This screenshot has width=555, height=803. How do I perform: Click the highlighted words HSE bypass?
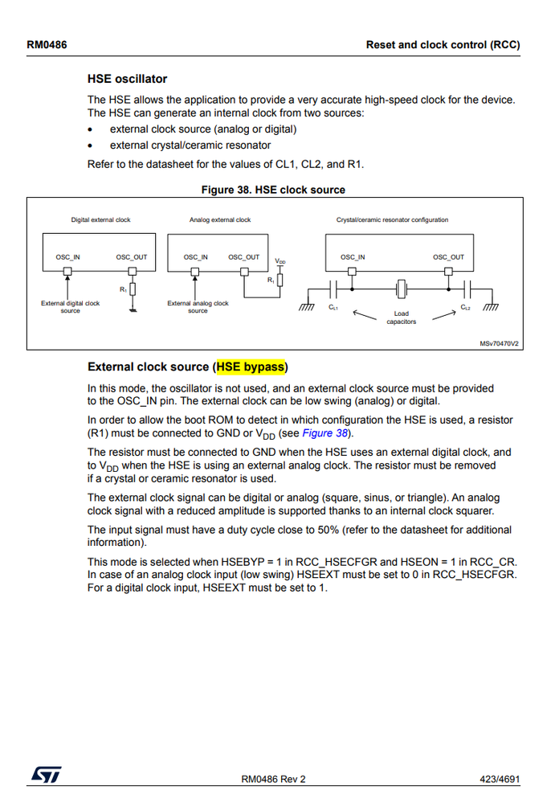251,367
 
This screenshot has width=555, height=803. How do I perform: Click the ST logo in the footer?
46,774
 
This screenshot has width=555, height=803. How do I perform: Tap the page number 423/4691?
497,778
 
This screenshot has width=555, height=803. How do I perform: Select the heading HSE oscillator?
127,79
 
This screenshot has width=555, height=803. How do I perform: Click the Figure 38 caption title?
273,190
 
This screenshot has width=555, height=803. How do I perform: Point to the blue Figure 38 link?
325,433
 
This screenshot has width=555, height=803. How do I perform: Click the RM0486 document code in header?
47,45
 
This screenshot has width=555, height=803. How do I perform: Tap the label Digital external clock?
100,219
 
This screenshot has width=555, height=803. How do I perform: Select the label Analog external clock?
220,219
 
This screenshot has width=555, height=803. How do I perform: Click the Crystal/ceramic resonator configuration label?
392,219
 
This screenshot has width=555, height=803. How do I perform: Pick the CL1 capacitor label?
333,307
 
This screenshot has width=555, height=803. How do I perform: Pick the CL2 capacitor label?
466,307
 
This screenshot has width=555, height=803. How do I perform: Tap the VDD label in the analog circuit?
280,261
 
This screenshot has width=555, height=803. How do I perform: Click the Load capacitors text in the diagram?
401,318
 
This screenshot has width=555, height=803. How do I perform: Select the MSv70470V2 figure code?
499,343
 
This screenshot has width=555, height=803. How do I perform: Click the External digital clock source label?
71,307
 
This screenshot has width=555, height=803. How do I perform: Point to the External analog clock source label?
198,307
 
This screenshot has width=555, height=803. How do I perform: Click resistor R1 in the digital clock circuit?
133,289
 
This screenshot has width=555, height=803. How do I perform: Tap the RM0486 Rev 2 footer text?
273,778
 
